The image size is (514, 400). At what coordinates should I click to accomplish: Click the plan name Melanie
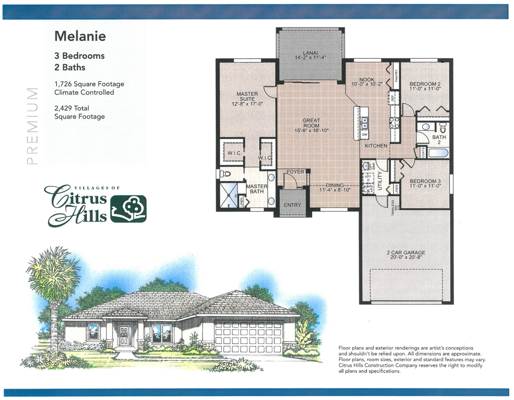click(80, 36)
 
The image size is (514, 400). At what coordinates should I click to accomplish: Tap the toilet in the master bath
click(225, 173)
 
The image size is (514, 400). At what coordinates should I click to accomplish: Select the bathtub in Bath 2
click(438, 153)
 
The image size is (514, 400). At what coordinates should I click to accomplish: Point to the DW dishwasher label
click(365, 135)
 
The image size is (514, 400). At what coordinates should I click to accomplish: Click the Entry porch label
click(292, 205)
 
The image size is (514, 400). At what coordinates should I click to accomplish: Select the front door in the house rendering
click(124, 336)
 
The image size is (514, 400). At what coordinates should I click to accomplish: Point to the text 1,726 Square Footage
click(89, 84)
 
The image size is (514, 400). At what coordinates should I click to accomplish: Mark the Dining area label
click(335, 187)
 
